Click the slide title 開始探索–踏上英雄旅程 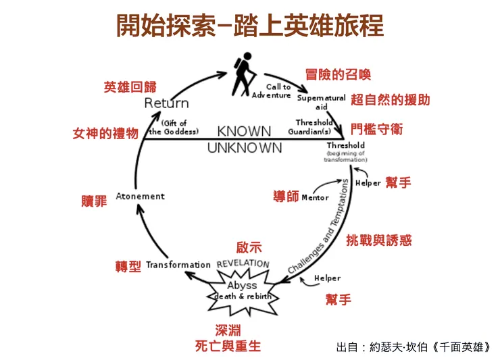pyautogui.click(x=250, y=25)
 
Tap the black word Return pyautogui.click(x=166, y=103)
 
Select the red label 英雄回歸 pyautogui.click(x=130, y=87)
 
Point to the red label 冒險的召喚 pyautogui.click(x=338, y=74)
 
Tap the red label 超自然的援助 pyautogui.click(x=390, y=100)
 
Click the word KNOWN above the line pyautogui.click(x=244, y=131)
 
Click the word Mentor pyautogui.click(x=315, y=198)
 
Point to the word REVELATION pyautogui.click(x=243, y=263)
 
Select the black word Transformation pyautogui.click(x=178, y=265)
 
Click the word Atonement pyautogui.click(x=140, y=197)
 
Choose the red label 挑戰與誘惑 pyautogui.click(x=378, y=240)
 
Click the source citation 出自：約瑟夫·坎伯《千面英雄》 pyautogui.click(x=414, y=347)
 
